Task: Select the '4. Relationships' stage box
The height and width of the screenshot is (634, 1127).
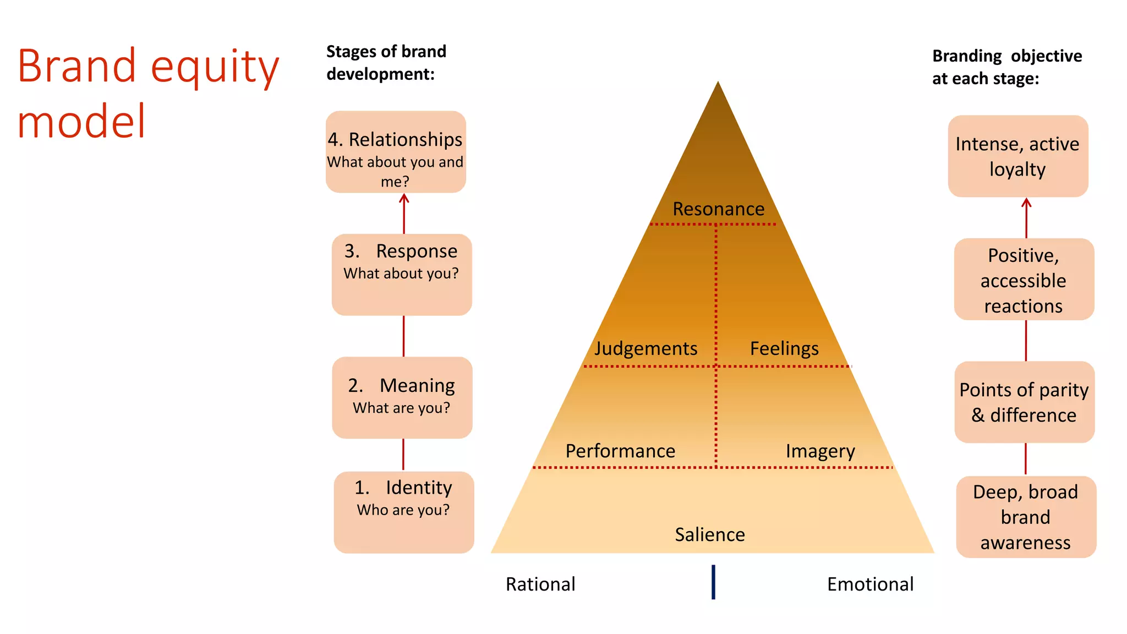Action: pyautogui.click(x=396, y=152)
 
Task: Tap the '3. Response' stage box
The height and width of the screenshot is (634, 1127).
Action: pyautogui.click(x=402, y=275)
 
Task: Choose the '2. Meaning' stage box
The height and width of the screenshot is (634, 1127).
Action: pyautogui.click(x=402, y=397)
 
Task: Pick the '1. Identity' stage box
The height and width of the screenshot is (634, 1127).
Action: pyautogui.click(x=404, y=512)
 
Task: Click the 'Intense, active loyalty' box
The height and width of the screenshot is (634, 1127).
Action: pyautogui.click(x=1017, y=156)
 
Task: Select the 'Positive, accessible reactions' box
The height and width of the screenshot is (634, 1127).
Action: pyautogui.click(x=1024, y=280)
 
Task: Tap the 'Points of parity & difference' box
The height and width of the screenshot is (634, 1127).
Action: pyautogui.click(x=1024, y=402)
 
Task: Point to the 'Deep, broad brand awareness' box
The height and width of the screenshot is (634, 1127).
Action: pyautogui.click(x=1026, y=517)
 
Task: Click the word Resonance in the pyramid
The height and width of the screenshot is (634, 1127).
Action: pyautogui.click(x=718, y=209)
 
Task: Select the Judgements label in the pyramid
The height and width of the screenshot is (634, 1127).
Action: pyautogui.click(x=645, y=348)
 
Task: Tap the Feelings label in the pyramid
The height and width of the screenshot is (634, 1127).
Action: pyautogui.click(x=784, y=348)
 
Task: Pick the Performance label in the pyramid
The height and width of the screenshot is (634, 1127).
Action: pyautogui.click(x=620, y=451)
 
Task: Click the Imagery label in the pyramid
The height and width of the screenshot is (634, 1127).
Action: pyautogui.click(x=820, y=451)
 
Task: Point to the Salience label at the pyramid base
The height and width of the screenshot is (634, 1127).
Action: pyautogui.click(x=710, y=534)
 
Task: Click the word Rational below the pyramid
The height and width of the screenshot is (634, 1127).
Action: pyautogui.click(x=540, y=584)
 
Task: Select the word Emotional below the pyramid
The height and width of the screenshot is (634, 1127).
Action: pyautogui.click(x=870, y=584)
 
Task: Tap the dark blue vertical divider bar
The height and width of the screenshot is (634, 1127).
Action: pyautogui.click(x=713, y=582)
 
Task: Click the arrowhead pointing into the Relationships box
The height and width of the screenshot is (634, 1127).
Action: pyautogui.click(x=404, y=199)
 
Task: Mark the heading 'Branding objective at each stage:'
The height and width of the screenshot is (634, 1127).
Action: pyautogui.click(x=1006, y=67)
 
